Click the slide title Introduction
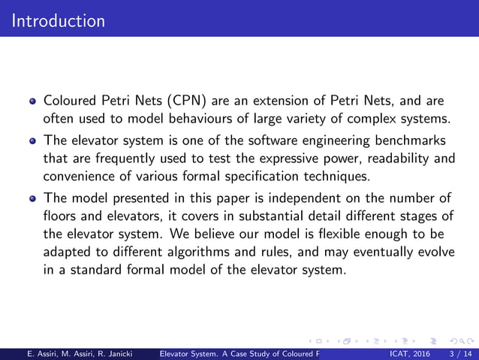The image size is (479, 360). [59, 20]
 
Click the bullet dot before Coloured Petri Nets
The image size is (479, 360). [33, 101]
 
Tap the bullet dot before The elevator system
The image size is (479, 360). [33, 141]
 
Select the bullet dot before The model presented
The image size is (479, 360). [33, 198]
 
